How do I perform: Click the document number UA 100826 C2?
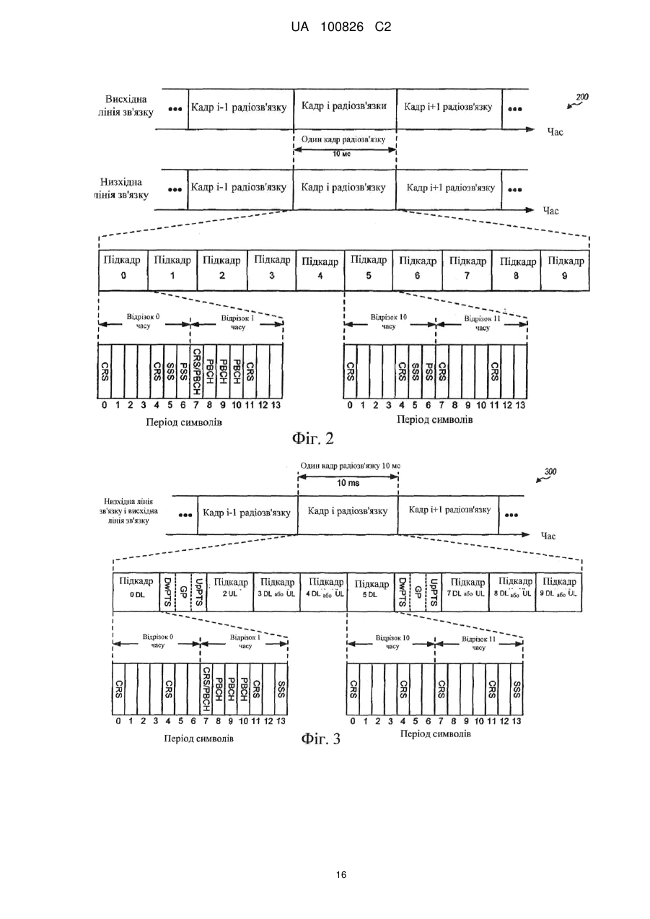tap(341, 27)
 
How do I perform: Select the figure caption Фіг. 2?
tap(313, 439)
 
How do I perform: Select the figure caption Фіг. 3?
tap(321, 739)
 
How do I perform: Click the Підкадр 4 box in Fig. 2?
tap(320, 271)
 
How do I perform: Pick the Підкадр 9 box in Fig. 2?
tap(565, 271)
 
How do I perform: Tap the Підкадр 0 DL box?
tap(136, 593)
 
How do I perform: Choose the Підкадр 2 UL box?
tap(230, 593)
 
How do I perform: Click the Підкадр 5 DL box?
tap(371, 593)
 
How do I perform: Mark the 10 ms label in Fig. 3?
tap(348, 483)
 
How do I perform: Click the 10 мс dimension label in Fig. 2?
tap(342, 154)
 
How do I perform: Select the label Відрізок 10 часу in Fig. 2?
tap(388, 322)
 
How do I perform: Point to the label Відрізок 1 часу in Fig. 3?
tap(245, 642)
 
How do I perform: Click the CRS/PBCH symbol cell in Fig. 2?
tap(196, 371)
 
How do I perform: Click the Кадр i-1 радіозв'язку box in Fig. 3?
tap(247, 515)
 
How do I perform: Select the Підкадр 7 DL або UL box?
tap(465, 593)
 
